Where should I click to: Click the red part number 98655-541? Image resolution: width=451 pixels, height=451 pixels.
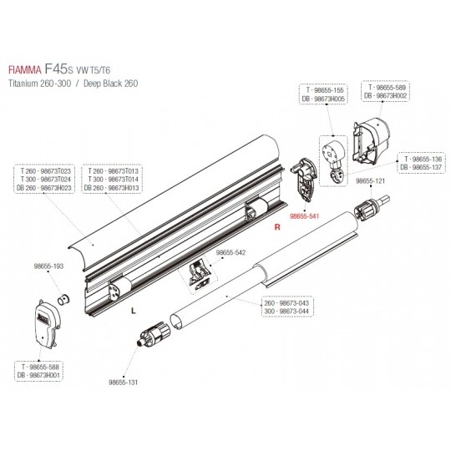304,216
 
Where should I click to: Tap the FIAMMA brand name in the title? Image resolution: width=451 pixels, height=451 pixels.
25,70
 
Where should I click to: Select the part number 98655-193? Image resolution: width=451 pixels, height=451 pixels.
48,266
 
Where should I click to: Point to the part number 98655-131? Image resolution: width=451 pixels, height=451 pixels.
123,383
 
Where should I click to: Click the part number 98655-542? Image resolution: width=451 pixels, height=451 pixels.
231,252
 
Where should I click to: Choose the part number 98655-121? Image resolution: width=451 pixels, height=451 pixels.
370,181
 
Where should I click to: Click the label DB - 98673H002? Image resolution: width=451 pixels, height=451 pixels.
385,96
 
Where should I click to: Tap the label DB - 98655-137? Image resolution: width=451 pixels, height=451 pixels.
421,167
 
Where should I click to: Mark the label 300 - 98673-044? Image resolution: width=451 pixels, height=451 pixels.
286,312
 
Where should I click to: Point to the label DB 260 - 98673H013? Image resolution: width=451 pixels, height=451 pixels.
112,188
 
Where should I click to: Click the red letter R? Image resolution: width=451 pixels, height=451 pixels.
277,227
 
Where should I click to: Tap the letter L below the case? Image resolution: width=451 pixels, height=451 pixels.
133,311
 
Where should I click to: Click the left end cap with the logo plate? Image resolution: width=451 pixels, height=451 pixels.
47,324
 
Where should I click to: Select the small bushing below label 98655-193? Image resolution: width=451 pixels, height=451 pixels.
64,300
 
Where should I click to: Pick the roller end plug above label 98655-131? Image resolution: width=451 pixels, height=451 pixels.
155,334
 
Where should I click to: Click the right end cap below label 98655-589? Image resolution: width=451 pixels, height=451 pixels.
371,141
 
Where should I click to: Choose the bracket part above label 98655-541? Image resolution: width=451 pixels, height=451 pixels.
305,180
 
